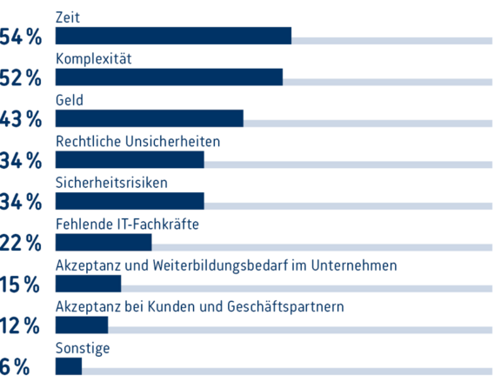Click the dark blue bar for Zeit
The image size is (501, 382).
coord(173,36)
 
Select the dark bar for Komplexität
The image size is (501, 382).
coord(169,77)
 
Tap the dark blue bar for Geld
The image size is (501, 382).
coord(149,118)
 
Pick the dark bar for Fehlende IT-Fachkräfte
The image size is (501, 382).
coord(104,242)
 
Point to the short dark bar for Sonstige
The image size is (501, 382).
coord(69,366)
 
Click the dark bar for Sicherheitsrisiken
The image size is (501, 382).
coord(130,201)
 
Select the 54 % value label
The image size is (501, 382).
coord(21,37)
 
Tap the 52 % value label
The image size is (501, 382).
coord(21,78)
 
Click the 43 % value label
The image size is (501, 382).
coord(21,120)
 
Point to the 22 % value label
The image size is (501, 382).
coord(21,244)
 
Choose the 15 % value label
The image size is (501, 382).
coord(21,285)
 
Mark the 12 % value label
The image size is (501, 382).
coord(21,326)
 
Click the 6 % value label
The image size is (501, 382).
coord(15,367)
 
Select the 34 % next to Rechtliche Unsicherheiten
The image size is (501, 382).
coord(21,161)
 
